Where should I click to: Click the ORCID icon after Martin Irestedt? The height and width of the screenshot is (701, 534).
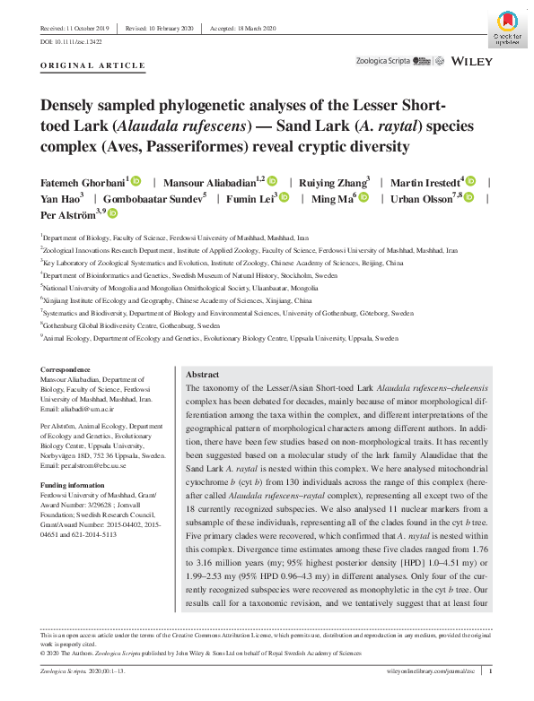[x=469, y=180]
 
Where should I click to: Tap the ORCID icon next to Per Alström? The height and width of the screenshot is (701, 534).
[x=113, y=214]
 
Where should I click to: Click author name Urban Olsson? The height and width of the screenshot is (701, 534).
[x=421, y=197]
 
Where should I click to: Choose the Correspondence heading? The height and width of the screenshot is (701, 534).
[x=66, y=369]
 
